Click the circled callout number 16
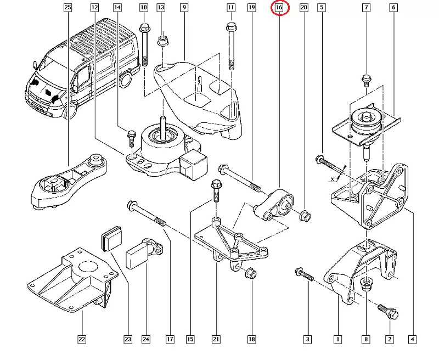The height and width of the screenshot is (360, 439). tap(279, 8)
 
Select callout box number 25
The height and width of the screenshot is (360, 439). tap(67, 8)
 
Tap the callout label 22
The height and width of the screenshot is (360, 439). tap(82, 340)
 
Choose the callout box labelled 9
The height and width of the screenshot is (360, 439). tap(183, 8)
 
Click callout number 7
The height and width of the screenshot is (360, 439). tap(367, 8)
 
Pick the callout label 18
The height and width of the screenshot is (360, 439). tap(251, 340)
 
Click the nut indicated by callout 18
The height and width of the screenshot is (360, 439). tap(249, 272)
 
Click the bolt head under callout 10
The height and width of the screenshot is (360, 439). tap(145, 27)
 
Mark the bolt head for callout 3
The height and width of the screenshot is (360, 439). tap(300, 271)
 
